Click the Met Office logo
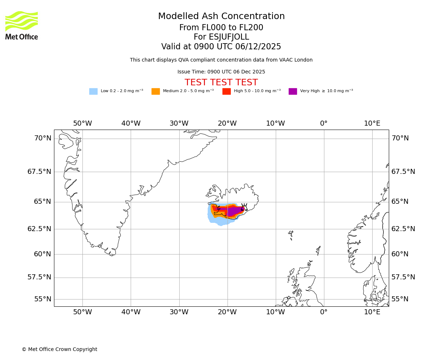[x=22, y=25]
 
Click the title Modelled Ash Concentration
[x=221, y=17]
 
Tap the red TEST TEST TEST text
[x=221, y=82]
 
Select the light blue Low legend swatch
[x=93, y=91]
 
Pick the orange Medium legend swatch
[x=156, y=91]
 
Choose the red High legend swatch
[x=226, y=91]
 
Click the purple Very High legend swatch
[x=293, y=91]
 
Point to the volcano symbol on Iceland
[x=244, y=207]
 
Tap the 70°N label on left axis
[x=42, y=138]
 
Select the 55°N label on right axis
[x=400, y=299]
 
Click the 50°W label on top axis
[x=82, y=123]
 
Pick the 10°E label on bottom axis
[x=372, y=312]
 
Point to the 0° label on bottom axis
[x=324, y=312]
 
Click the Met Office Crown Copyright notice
[x=59, y=349]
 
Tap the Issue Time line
[x=221, y=72]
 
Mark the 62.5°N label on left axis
[x=40, y=229]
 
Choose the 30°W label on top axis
[x=179, y=123]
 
